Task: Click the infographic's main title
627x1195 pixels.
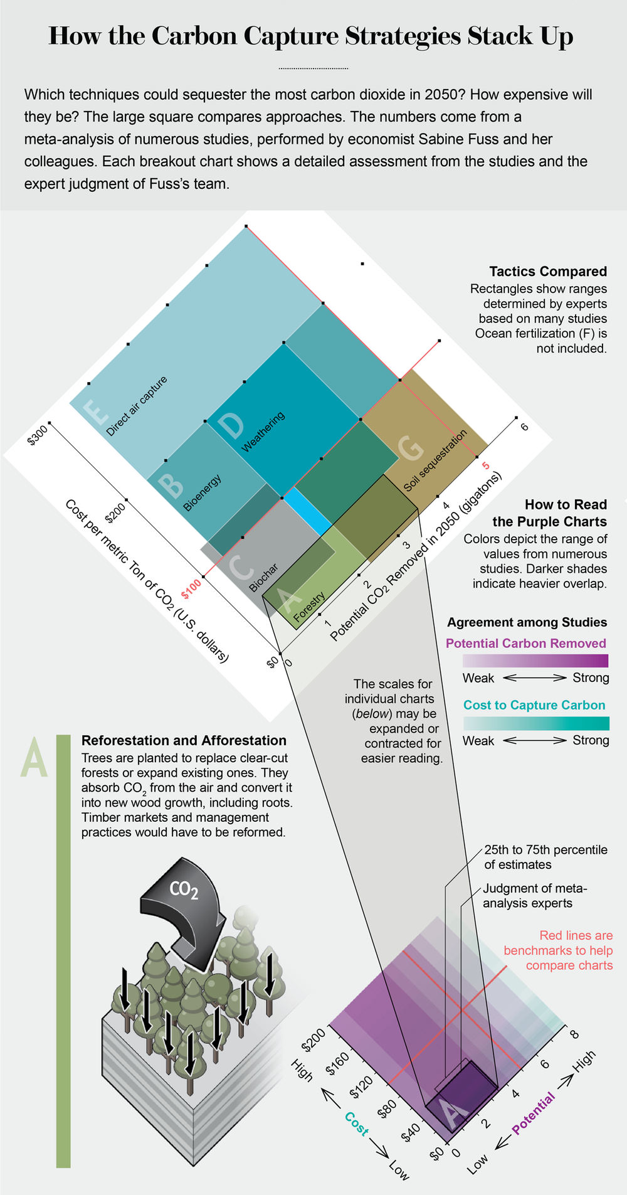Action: coord(311,36)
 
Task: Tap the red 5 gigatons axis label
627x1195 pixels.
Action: coord(485,465)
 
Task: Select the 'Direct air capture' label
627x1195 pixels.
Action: coord(137,406)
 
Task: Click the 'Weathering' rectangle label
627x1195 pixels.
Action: coord(263,431)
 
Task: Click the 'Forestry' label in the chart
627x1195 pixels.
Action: coord(308,606)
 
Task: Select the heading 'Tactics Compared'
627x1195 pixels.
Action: coord(548,272)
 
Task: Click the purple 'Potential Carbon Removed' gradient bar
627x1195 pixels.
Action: coord(535,661)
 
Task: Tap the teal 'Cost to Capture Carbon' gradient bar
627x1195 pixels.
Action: coord(535,723)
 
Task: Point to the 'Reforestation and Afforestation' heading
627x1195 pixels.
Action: coord(184,740)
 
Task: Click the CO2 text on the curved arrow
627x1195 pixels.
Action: coord(184,890)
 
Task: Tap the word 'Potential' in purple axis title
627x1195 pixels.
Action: coord(534,1113)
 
